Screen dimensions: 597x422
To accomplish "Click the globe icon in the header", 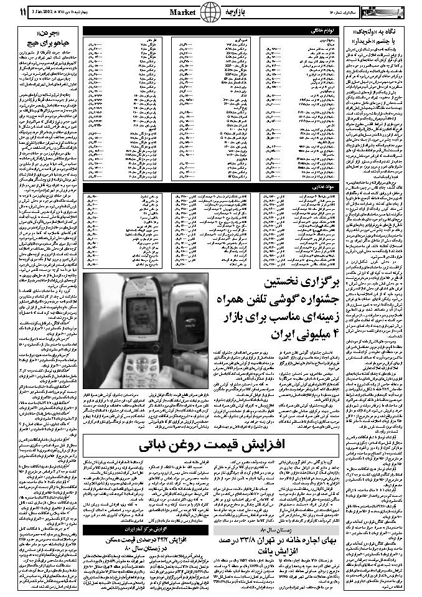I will click(x=211, y=12).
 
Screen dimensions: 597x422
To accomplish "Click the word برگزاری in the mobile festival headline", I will click(x=308, y=283).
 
